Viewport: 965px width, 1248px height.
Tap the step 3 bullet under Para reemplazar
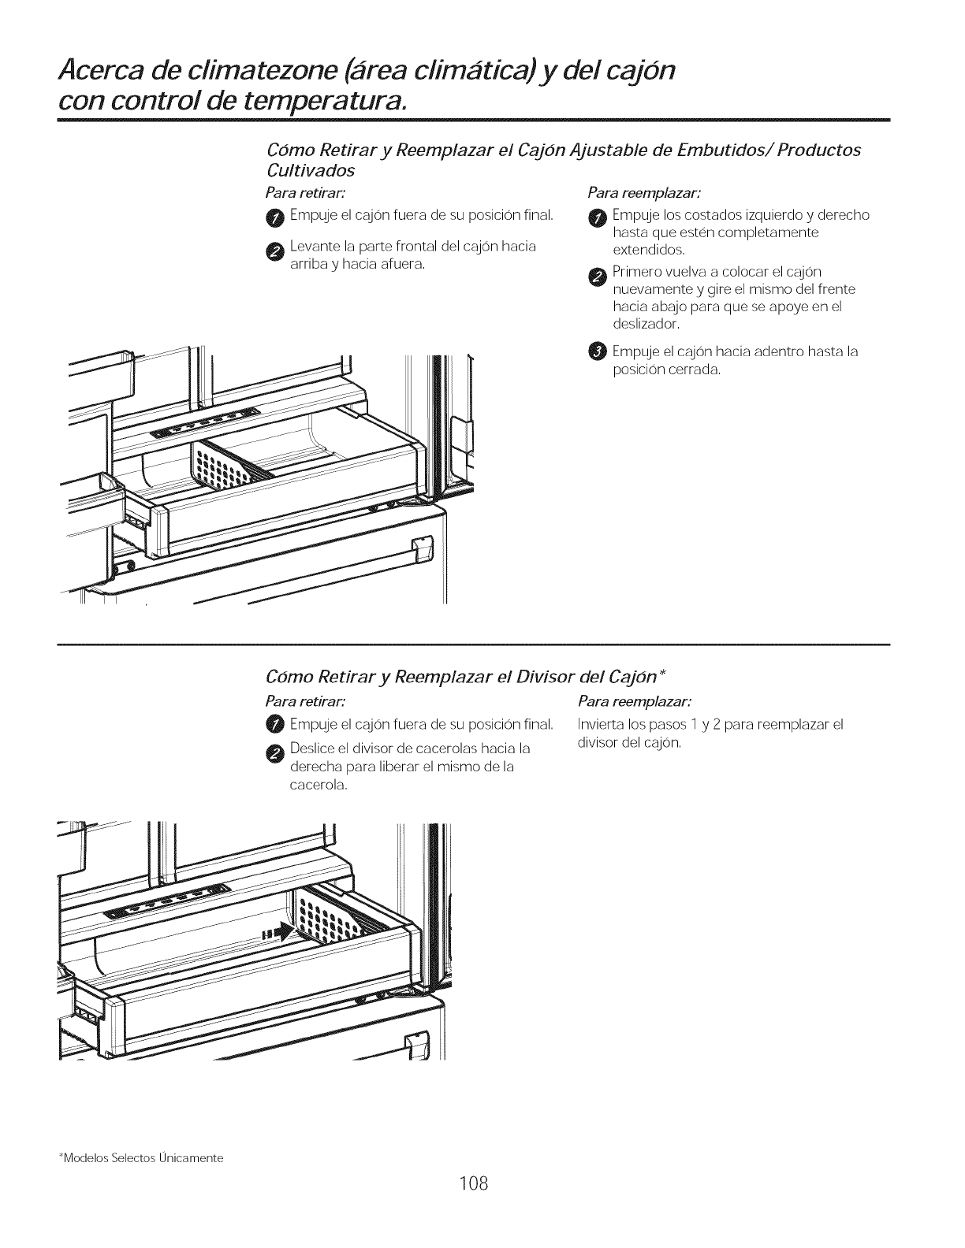click(597, 351)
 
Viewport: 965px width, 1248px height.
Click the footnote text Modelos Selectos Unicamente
click(142, 1158)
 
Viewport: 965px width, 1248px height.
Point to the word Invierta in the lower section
click(602, 725)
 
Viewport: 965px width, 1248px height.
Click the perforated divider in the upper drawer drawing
click(223, 466)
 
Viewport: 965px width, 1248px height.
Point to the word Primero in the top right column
click(639, 273)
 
